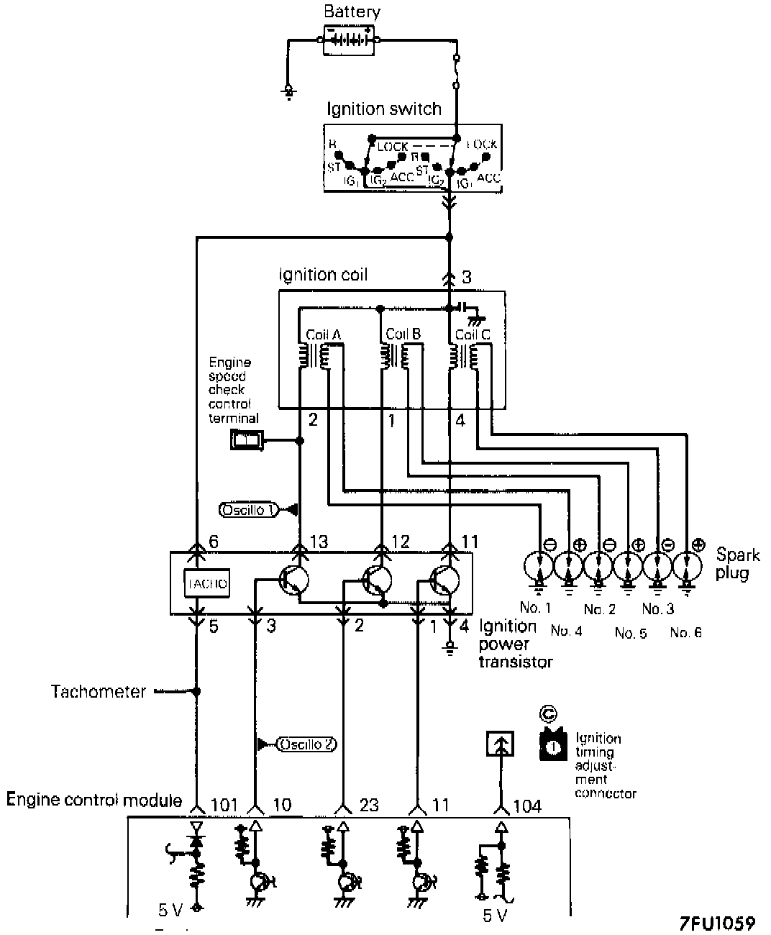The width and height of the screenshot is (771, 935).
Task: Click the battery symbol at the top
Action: click(x=349, y=40)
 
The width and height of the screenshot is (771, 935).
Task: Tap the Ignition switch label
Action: click(x=383, y=109)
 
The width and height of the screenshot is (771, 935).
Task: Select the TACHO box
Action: click(x=207, y=584)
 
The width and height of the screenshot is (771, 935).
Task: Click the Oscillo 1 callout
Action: click(x=248, y=510)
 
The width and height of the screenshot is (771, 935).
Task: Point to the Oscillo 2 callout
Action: click(x=307, y=744)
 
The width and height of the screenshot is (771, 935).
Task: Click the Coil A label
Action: click(x=323, y=334)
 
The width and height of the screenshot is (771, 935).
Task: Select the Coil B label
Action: click(x=403, y=334)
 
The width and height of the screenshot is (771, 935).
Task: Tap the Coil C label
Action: click(x=473, y=334)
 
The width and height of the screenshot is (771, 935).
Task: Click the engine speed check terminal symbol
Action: click(x=246, y=440)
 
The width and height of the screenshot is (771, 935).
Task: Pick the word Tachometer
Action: click(x=99, y=692)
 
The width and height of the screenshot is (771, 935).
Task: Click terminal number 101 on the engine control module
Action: click(x=224, y=804)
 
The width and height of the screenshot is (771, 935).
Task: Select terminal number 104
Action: click(x=527, y=806)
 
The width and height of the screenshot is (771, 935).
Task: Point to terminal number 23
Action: click(x=368, y=804)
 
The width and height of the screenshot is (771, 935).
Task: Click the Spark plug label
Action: click(x=738, y=564)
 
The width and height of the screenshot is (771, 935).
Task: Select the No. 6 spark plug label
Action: click(x=685, y=633)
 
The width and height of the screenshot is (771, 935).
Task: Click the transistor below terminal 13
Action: click(x=293, y=579)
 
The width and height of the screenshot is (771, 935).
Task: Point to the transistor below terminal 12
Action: click(x=378, y=579)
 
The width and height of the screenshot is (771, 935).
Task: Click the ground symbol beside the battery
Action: click(x=288, y=91)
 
